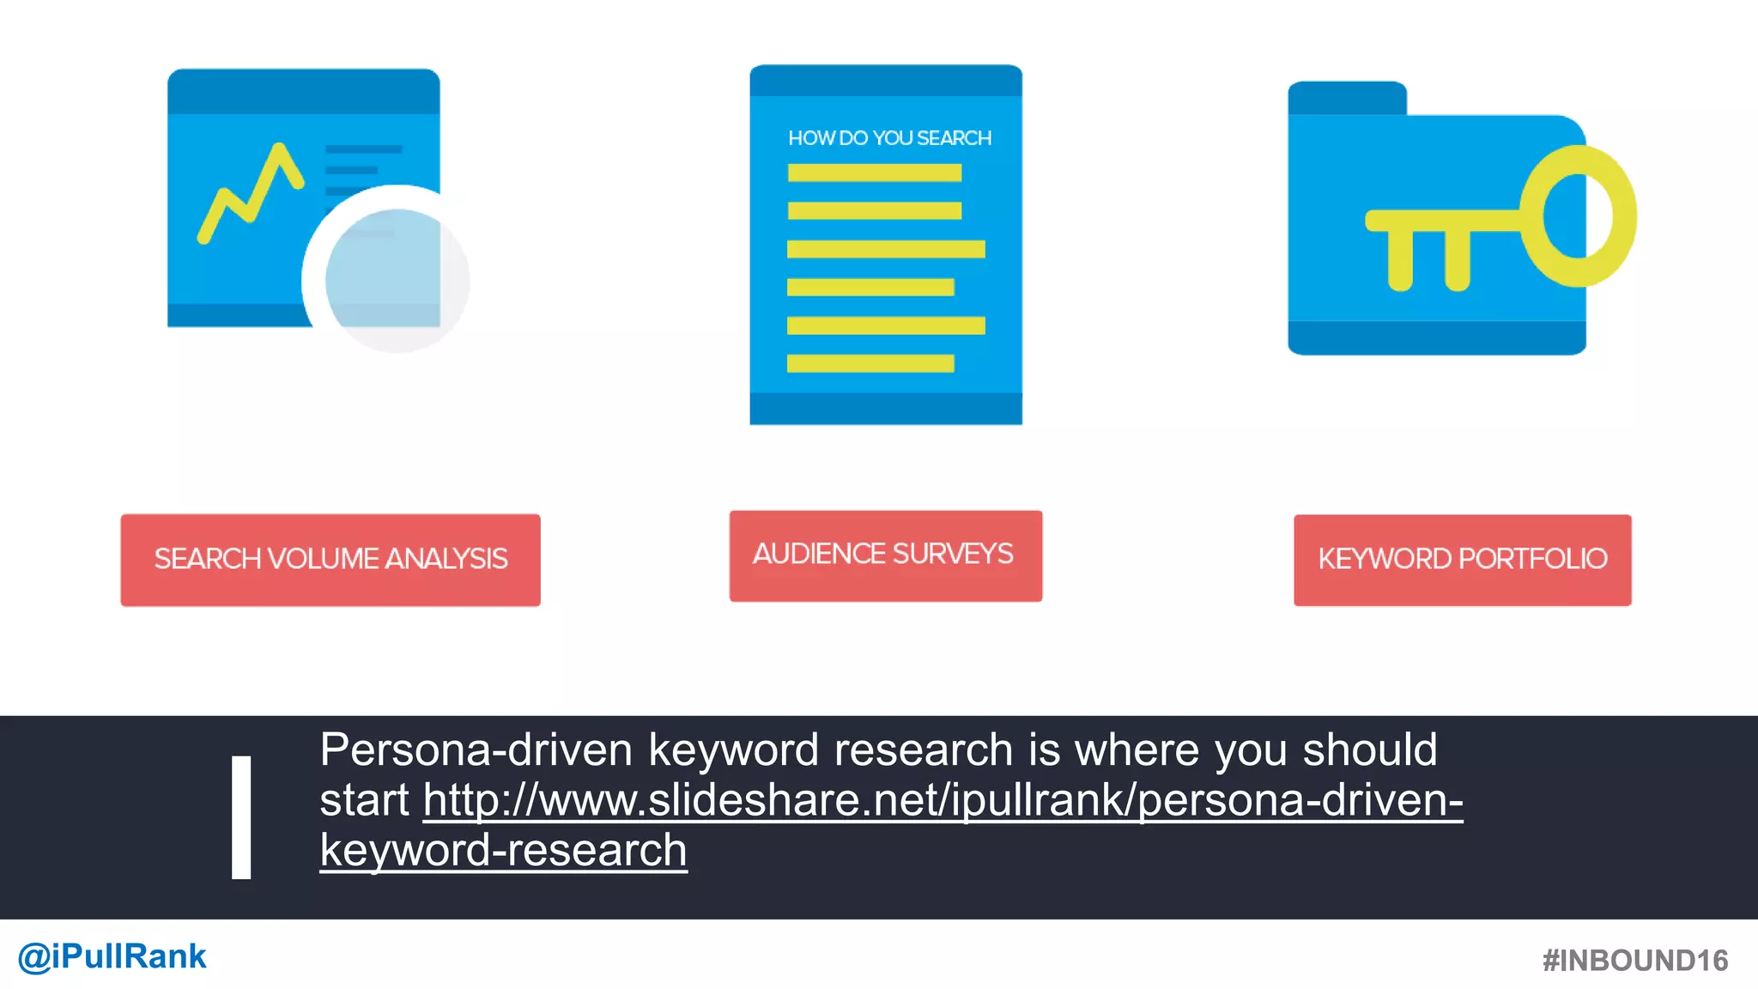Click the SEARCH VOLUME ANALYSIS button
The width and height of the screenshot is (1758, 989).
click(330, 560)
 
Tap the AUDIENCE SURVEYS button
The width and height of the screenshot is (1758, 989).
click(885, 555)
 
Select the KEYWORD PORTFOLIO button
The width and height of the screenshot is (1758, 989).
click(1462, 560)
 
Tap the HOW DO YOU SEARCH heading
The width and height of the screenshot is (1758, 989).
click(889, 138)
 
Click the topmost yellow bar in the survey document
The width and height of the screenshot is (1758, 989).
click(874, 173)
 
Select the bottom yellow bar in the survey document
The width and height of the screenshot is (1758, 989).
click(870, 363)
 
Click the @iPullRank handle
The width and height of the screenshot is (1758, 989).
click(112, 956)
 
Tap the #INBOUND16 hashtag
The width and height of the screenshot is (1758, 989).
click(1634, 961)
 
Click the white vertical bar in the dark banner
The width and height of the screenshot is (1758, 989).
click(241, 817)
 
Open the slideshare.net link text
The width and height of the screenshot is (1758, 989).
click(943, 800)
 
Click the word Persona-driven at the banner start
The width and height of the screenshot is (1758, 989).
click(476, 749)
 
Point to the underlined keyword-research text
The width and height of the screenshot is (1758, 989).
click(503, 851)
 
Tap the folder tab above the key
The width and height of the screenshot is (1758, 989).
click(1347, 97)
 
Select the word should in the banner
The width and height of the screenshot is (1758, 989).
click(1370, 749)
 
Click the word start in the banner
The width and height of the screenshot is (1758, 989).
click(364, 800)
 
